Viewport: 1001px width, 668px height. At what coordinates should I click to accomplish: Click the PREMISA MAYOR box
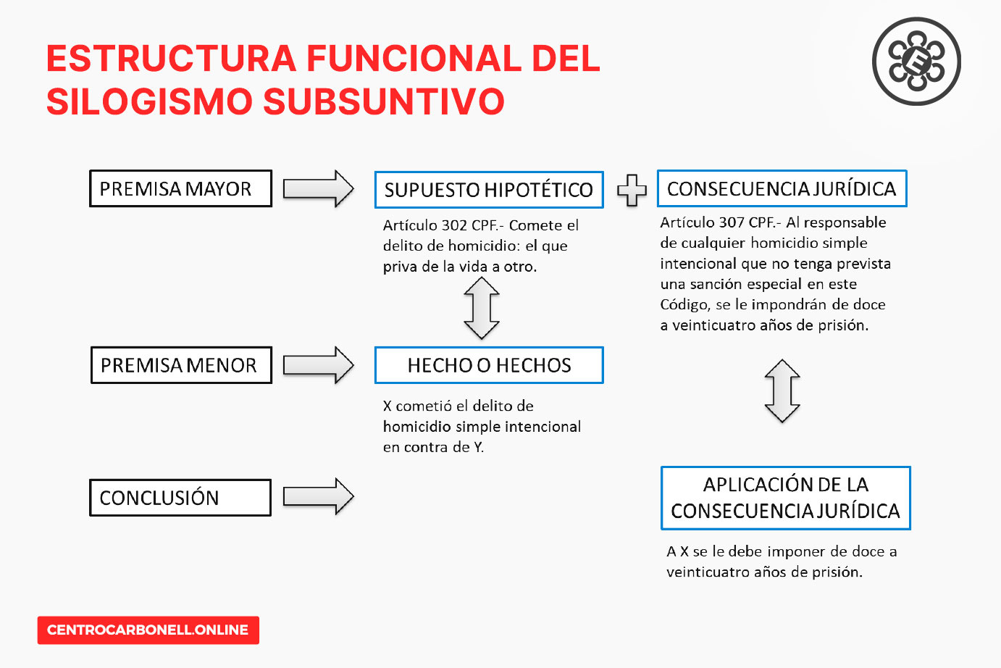[x=180, y=188]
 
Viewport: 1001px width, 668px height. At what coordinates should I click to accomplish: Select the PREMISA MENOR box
[x=181, y=365]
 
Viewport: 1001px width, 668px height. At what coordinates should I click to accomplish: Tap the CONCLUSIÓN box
[x=180, y=498]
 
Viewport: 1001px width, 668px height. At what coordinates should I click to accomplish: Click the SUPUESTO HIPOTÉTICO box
[x=488, y=190]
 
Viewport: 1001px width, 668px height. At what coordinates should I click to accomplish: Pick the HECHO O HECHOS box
[x=488, y=365]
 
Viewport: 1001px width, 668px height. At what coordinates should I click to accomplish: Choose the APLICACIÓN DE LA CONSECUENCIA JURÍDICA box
[x=785, y=498]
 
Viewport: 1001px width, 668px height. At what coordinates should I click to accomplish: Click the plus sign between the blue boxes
[x=632, y=190]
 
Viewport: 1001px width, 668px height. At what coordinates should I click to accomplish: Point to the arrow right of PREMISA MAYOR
[x=318, y=189]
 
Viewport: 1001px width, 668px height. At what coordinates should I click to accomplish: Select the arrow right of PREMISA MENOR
[x=318, y=365]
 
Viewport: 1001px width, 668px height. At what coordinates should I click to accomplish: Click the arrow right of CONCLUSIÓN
[x=318, y=497]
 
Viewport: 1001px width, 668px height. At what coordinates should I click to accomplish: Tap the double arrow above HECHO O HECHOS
[x=482, y=309]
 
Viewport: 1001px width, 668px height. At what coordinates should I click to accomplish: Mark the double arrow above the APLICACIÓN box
[x=782, y=391]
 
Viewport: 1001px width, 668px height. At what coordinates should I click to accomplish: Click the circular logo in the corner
[x=916, y=62]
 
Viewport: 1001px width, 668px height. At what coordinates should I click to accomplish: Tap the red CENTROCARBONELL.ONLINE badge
[x=148, y=630]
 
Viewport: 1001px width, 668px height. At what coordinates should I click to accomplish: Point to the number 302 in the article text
[x=454, y=225]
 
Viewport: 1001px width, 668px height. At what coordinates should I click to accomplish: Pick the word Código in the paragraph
[x=684, y=304]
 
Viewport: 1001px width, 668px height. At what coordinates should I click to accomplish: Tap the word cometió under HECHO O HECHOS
[x=424, y=406]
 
